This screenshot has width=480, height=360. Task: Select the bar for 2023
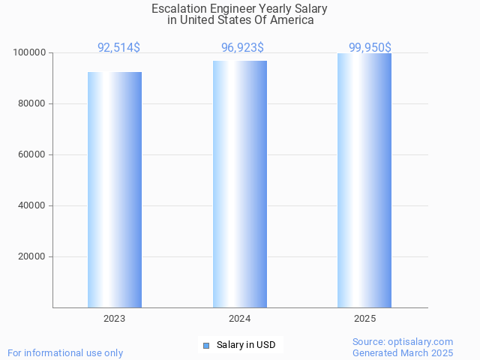coord(115,190)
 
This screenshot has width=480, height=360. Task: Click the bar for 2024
coord(240,184)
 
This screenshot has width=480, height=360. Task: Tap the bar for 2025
coord(364,180)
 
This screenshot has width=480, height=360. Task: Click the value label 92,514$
coord(118,48)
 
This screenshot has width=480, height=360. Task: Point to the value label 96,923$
coord(242,48)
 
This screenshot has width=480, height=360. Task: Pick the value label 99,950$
coord(370,48)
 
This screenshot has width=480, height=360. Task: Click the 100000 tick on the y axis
coord(30,53)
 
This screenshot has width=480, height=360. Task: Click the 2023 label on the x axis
coord(115,319)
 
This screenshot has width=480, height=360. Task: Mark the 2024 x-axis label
coord(240,319)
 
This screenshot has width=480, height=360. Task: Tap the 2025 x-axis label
coord(364,319)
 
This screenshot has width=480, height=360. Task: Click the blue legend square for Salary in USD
coord(206,345)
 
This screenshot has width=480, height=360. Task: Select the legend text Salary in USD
coord(246,345)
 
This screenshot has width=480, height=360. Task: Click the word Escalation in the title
coord(178,9)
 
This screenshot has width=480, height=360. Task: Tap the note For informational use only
coord(65,352)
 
